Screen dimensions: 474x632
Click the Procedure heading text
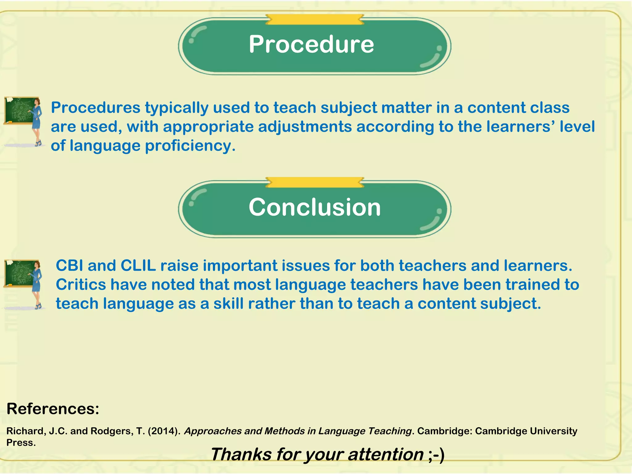tap(311, 44)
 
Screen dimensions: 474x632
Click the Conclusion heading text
tap(314, 207)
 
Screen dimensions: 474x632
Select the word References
tap(53, 409)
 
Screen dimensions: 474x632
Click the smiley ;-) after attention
tap(436, 455)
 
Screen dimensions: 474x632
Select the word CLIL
tap(138, 266)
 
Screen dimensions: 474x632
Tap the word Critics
tap(81, 285)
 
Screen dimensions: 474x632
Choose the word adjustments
tap(305, 127)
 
